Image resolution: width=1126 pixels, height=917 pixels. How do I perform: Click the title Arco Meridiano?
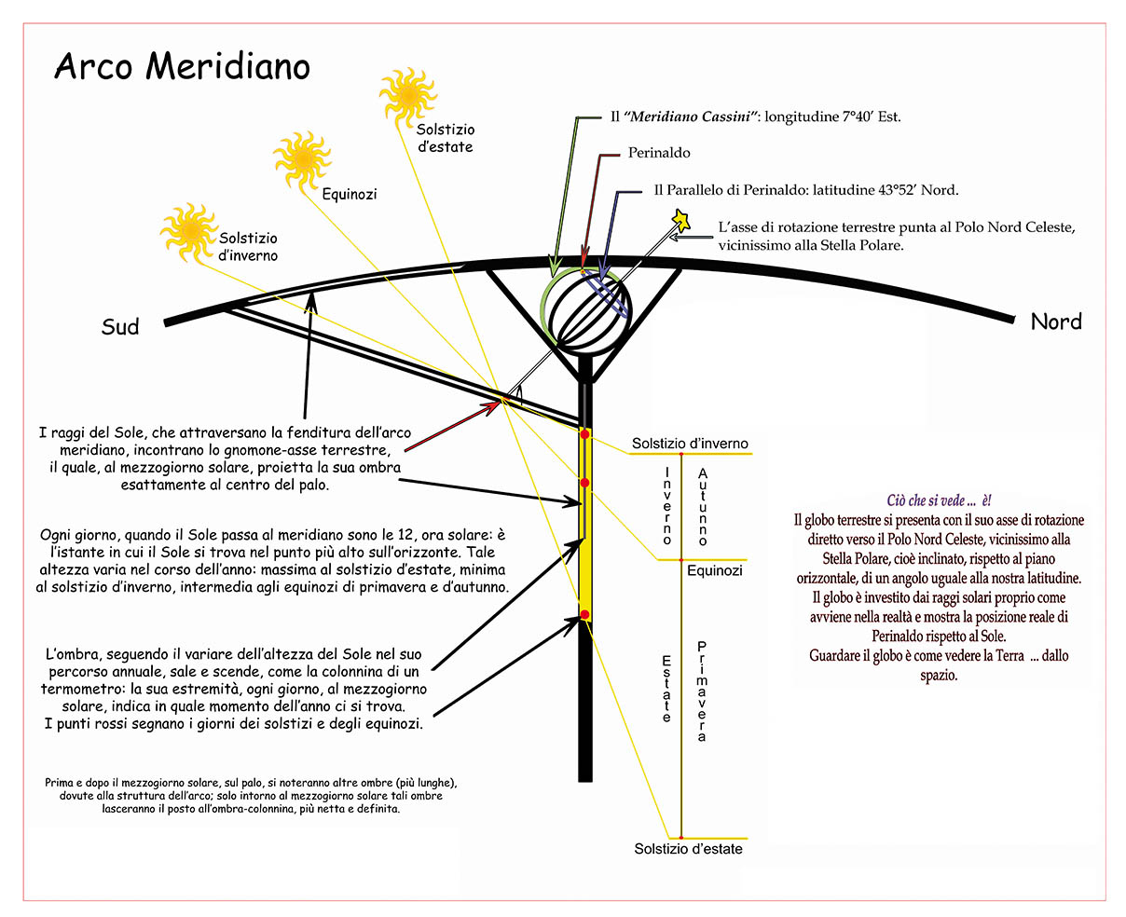[x=183, y=66]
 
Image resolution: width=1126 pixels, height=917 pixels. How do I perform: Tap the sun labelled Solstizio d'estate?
[x=408, y=97]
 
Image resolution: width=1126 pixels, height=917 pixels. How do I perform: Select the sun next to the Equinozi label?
[x=302, y=159]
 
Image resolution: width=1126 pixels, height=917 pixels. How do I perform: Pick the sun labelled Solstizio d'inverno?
[x=189, y=231]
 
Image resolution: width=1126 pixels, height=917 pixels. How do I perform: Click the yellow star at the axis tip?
[x=681, y=221]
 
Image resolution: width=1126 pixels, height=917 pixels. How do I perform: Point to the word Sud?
[x=120, y=326]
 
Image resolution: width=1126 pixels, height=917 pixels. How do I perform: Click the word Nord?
[x=1056, y=322]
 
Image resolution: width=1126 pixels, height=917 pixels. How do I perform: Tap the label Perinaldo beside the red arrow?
[x=659, y=153]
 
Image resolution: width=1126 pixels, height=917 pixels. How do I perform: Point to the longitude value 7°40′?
[x=858, y=116]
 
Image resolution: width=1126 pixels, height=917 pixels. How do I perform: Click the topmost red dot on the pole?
[x=584, y=434]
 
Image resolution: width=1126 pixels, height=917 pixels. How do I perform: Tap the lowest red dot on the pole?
[x=584, y=614]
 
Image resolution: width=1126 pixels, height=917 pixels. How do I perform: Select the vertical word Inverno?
[x=667, y=505]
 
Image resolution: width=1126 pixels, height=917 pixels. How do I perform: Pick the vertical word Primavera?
[x=702, y=691]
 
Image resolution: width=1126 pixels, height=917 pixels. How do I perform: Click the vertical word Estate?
[x=666, y=689]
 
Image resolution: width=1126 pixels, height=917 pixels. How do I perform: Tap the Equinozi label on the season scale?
[x=714, y=570]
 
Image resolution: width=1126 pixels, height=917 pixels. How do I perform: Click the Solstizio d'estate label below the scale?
[x=688, y=849]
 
